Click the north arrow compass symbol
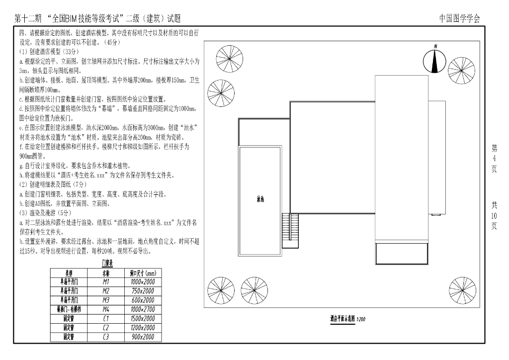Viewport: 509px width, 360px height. [435, 60]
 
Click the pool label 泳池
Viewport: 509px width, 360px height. [260, 199]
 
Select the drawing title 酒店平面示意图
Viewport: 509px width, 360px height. [342, 318]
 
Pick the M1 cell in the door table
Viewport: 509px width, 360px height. [106, 281]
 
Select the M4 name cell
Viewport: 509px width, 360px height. [106, 309]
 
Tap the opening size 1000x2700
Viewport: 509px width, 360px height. [143, 309]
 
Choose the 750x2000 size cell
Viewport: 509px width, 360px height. [143, 291]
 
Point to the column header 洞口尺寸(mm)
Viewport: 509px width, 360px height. [143, 273]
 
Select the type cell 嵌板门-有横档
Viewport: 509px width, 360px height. [69, 309]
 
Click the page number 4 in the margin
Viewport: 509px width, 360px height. [494, 158]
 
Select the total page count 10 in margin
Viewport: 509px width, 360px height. [494, 215]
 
